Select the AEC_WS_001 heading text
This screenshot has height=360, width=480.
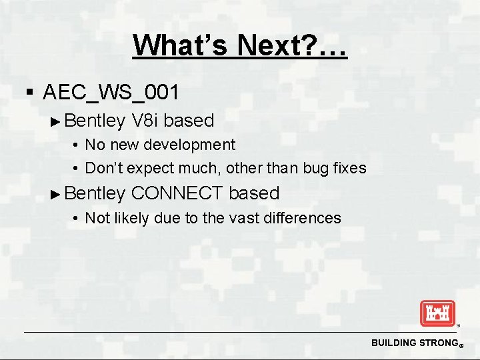(111, 91)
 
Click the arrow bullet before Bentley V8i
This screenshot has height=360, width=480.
(57, 121)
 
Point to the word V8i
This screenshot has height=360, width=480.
(145, 121)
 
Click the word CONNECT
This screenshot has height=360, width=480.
(177, 193)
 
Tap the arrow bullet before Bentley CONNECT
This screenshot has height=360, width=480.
(57, 194)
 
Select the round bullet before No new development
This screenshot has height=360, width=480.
(77, 145)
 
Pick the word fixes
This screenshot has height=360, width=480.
(349, 168)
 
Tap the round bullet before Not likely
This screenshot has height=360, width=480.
(77, 219)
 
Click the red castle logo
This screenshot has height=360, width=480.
(437, 313)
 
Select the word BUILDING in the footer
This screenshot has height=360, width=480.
(393, 343)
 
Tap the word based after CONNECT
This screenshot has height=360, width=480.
(254, 193)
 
